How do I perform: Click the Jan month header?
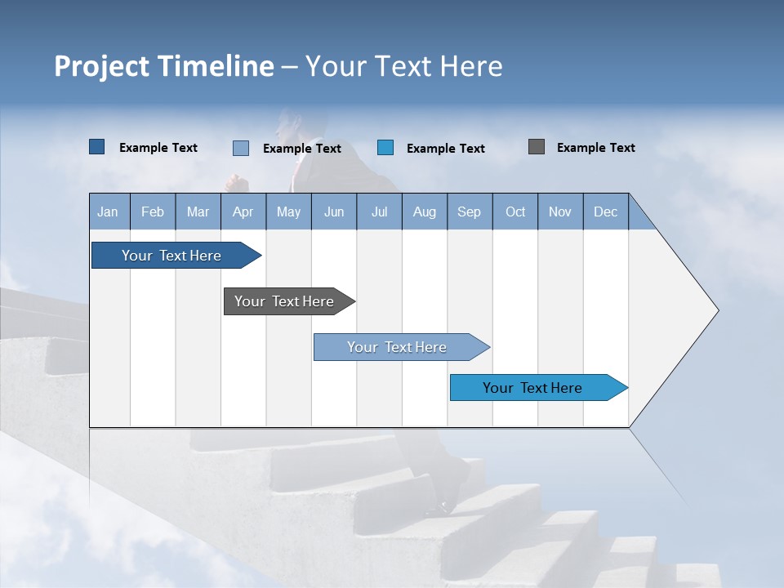point(109,212)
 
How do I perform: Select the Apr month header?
point(243,212)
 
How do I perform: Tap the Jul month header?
point(379,212)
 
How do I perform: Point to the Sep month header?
point(470,212)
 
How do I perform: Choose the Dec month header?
point(605,212)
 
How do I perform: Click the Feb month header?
point(153,212)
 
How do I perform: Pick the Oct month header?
point(515,212)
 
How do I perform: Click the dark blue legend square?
point(97,147)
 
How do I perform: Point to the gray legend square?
point(537,147)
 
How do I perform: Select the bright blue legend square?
point(385,148)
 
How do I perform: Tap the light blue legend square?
point(241,148)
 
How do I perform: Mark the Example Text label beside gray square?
point(595,148)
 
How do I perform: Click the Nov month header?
point(560,212)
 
